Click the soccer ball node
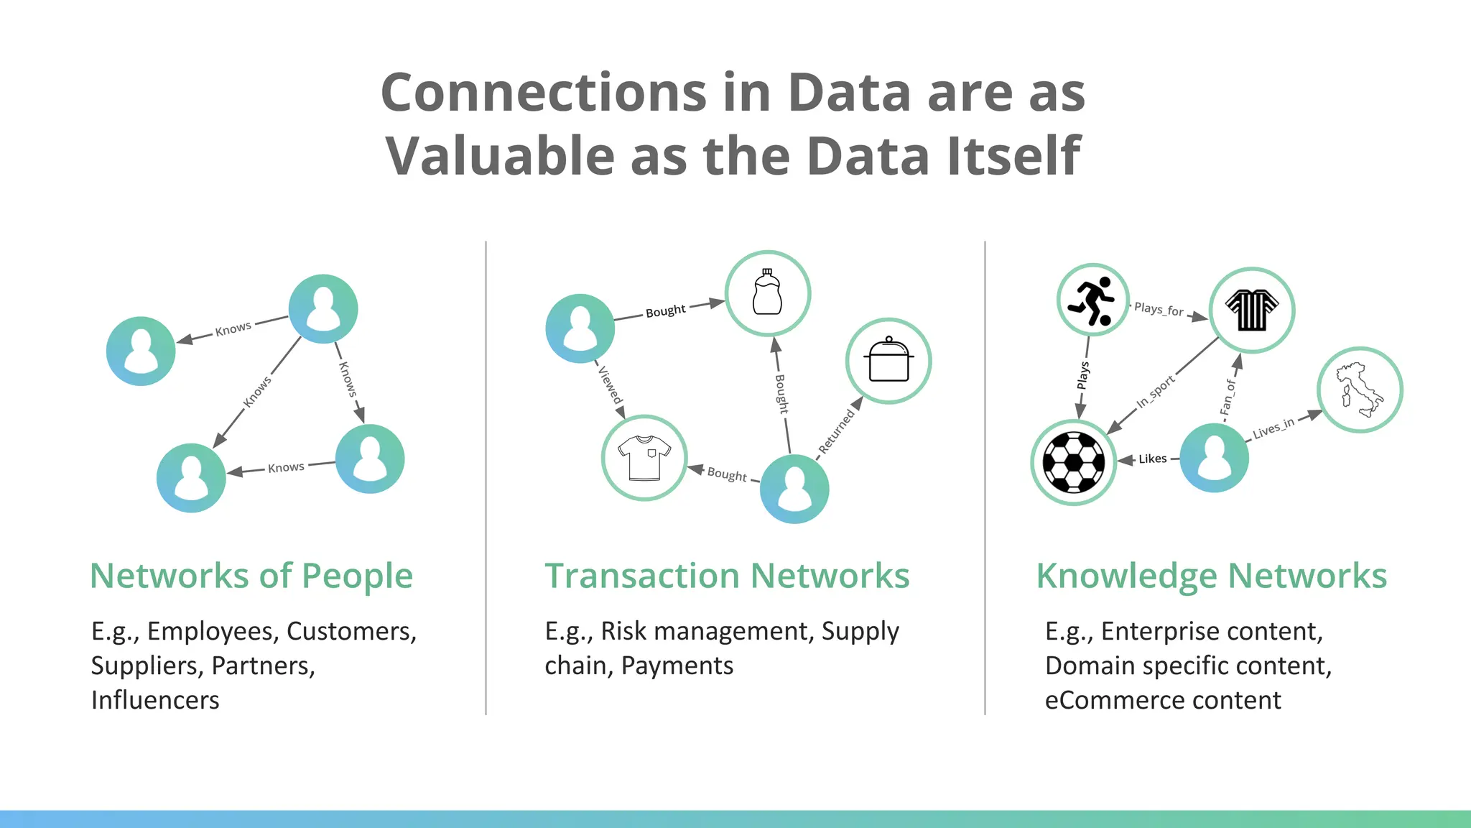1073,462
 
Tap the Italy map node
1359,390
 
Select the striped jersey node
1252,310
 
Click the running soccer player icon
1092,300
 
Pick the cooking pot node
888,361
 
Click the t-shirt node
644,458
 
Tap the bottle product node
767,293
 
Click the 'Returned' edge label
837,431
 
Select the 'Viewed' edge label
611,385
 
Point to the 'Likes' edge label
1152,459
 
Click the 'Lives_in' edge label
1273,428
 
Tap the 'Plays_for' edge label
1159,310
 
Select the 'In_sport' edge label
1155,392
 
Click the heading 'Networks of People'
251,576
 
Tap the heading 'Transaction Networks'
727,576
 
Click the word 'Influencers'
155,700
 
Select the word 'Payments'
677,666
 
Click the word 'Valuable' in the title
500,155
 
